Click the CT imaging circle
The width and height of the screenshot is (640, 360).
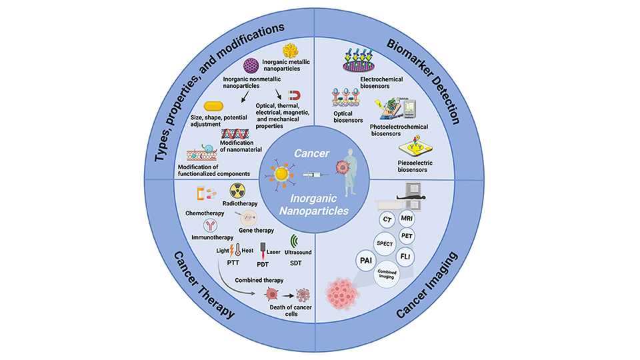386,219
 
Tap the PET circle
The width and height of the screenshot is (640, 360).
407,235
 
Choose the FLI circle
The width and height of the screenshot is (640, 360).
405,256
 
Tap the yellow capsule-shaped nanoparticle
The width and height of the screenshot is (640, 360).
213,107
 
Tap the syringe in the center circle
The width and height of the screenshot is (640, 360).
314,175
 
